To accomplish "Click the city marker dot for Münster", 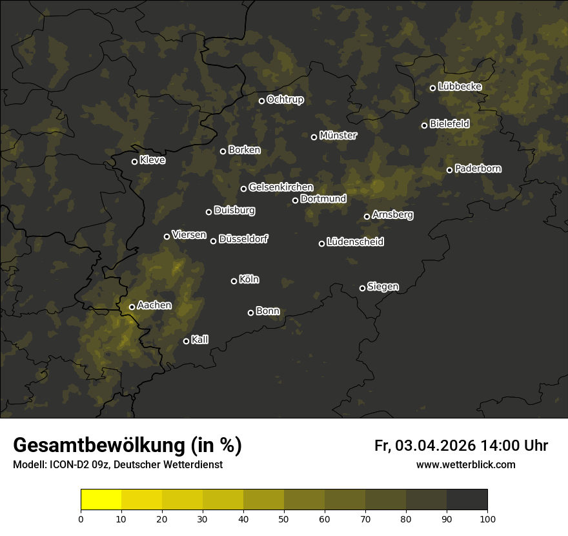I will pos(314,137).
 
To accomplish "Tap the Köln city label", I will pos(249,280).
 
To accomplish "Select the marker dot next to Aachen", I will pos(132,307).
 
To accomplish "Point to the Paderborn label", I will pos(478,169).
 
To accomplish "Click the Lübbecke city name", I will pos(460,87).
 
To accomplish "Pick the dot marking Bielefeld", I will pos(425,125).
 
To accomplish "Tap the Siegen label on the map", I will pos(383,287).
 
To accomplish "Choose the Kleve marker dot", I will pos(134,161).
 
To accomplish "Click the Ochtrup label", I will pos(285,99).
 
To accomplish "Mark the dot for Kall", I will pos(186,341).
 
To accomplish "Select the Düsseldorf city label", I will pos(244,239).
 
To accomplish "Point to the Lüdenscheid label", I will pos(356,242).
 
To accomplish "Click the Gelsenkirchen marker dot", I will pos(243,189).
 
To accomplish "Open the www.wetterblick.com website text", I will pos(466,465).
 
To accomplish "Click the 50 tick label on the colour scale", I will pos(284,518).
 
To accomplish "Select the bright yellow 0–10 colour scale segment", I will pos(101,500).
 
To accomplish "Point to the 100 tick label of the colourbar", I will pos(487,518).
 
